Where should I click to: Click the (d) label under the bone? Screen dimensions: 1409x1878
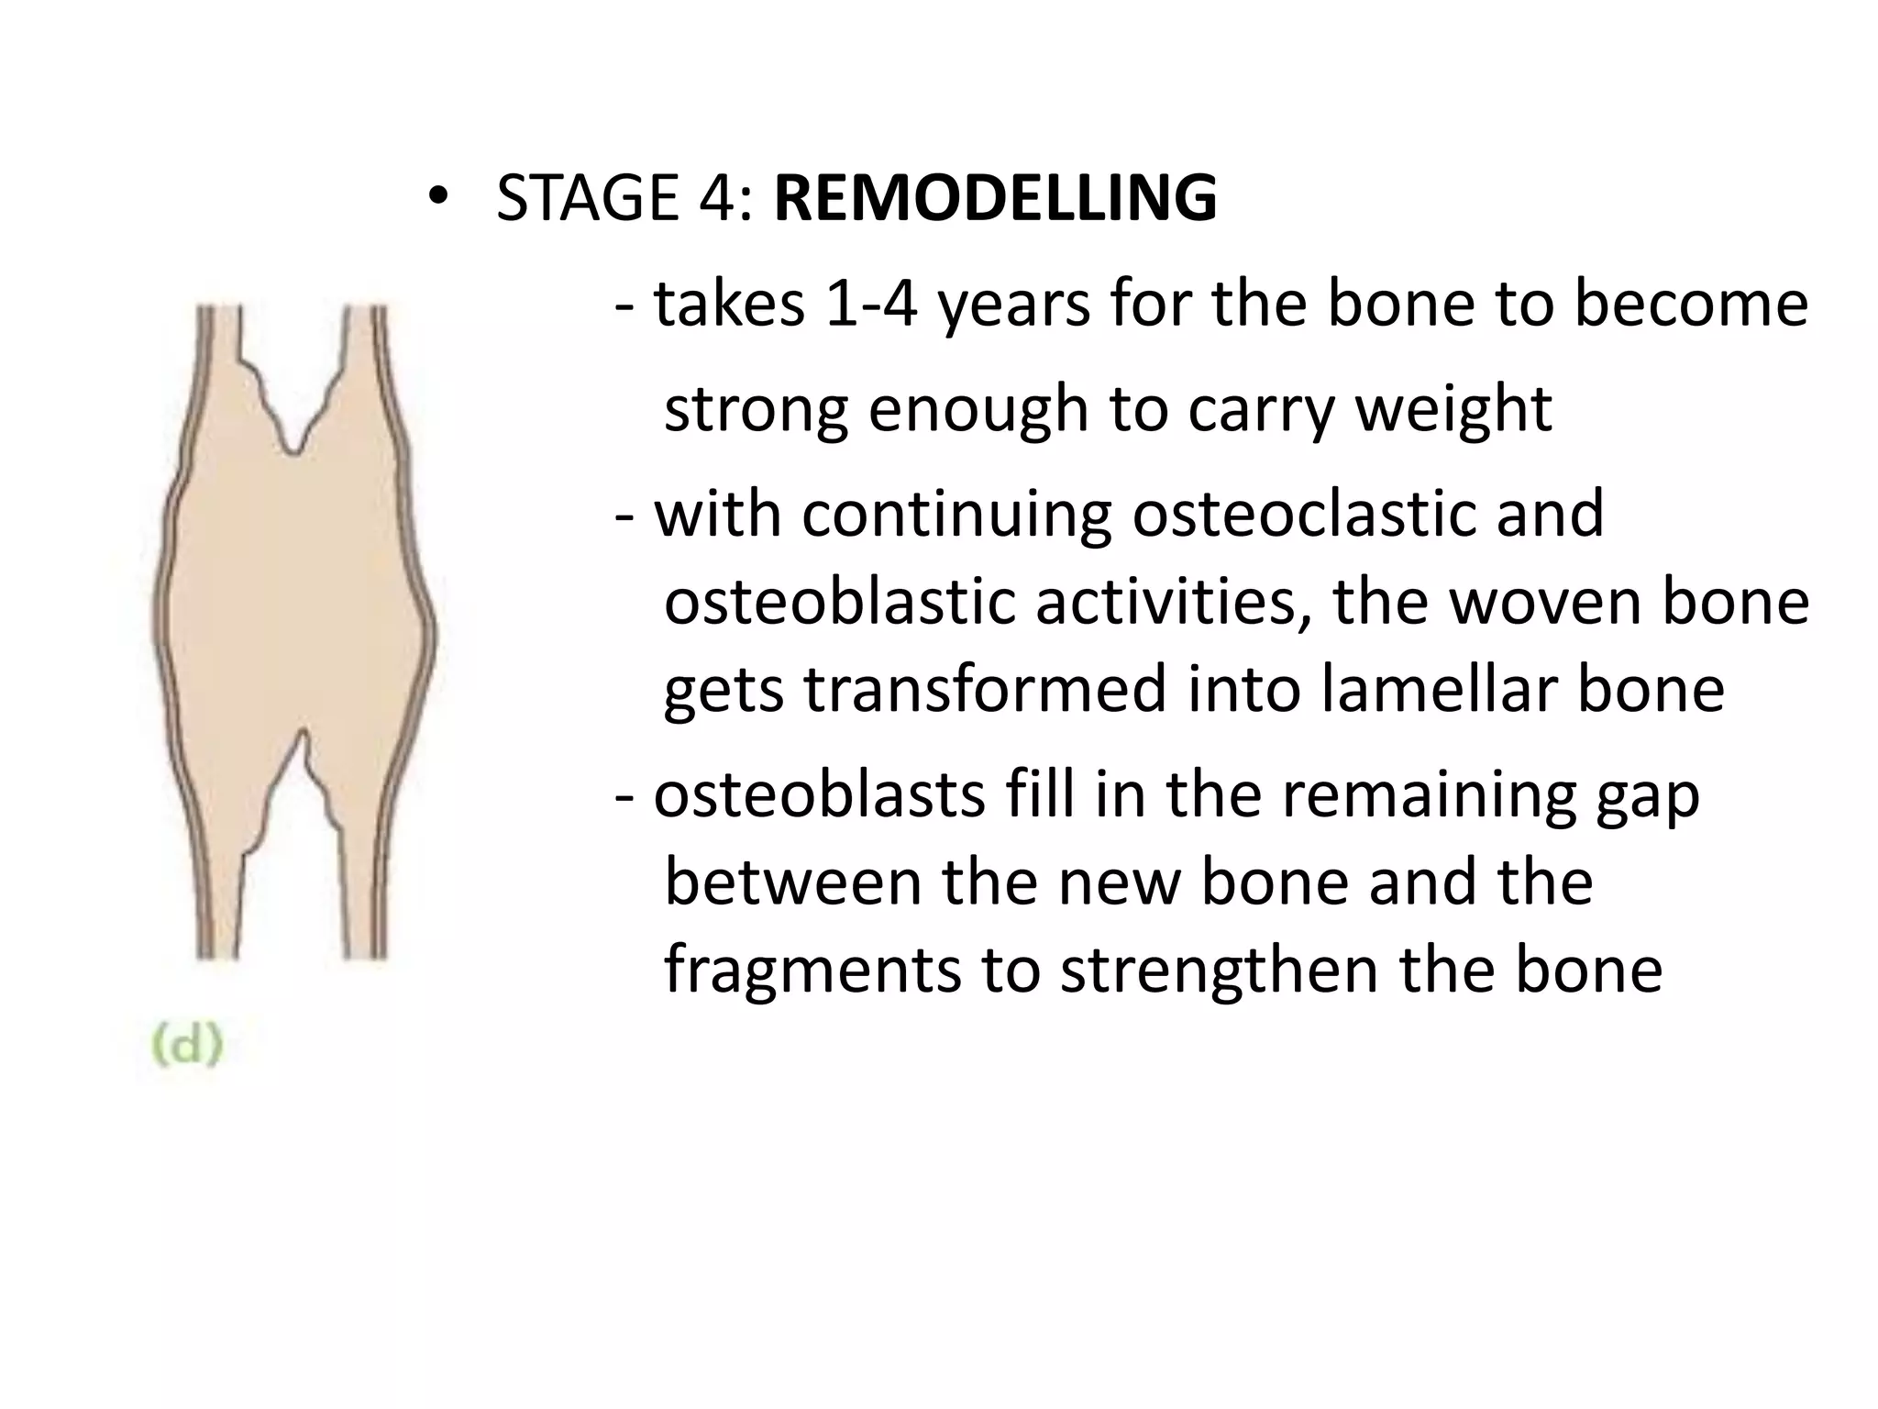[187, 1046]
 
